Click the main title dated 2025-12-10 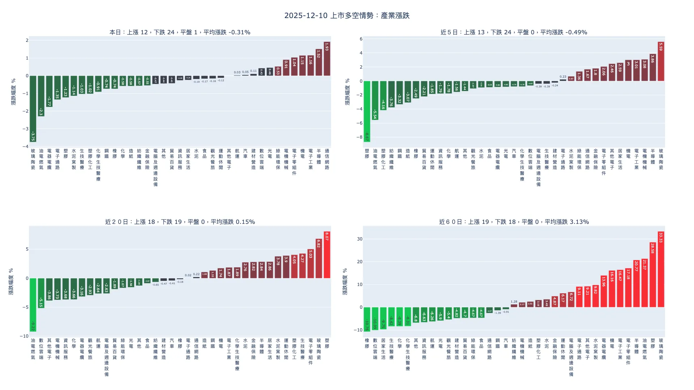coord(347,16)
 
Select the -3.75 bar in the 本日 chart coord(33,109)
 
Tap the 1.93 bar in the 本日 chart coord(327,59)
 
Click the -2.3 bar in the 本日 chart coord(41,96)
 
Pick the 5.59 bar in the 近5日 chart coord(661,61)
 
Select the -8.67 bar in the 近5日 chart coord(367,111)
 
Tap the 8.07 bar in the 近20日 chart coord(327,255)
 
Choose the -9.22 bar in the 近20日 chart coord(33,305)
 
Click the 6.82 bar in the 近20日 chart coord(318,259)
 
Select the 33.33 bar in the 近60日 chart coord(661,269)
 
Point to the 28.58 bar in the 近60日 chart coord(653,275)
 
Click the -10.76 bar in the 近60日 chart coord(367,319)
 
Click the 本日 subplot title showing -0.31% coord(180,32)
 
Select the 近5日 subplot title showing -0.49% coord(514,32)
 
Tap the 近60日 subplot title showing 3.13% coord(514,222)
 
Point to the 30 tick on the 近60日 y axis coord(359,239)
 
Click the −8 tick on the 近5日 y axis coord(359,137)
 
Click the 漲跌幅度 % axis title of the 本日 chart coord(13,92)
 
